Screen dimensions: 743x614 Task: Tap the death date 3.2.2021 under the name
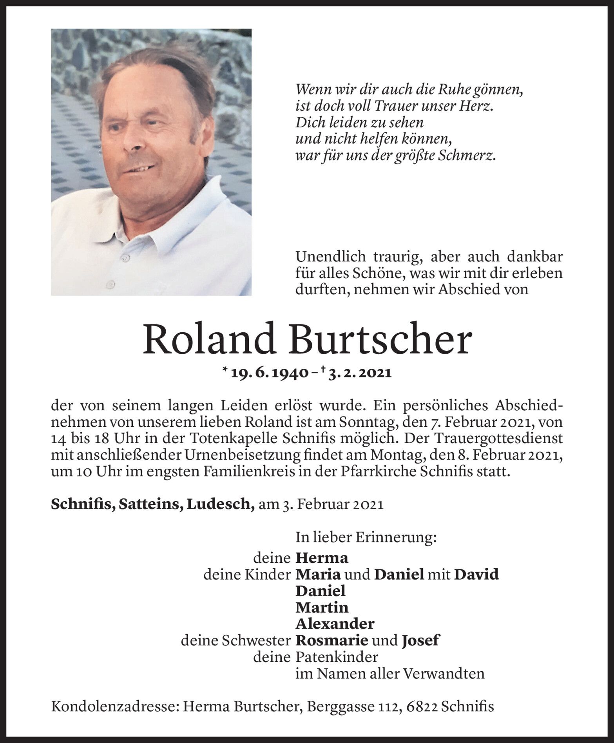(x=360, y=373)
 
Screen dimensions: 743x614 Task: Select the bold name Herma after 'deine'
(x=322, y=557)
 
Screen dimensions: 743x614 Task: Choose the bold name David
(x=476, y=574)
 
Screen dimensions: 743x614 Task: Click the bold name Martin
(x=322, y=607)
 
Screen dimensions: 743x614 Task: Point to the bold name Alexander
(x=335, y=623)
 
